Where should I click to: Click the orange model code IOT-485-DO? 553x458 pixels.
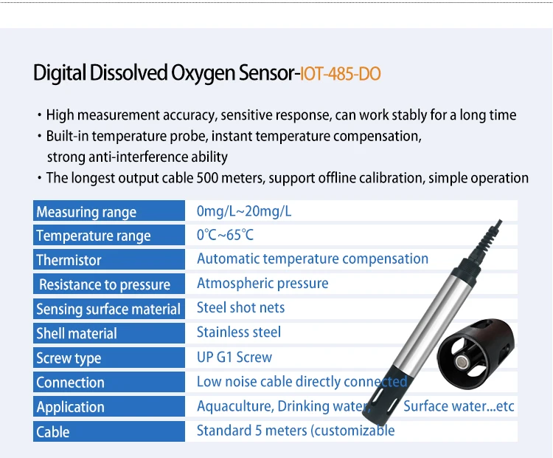click(340, 74)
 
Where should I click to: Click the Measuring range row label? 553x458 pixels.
click(86, 212)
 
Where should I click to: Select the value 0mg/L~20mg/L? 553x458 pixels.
click(244, 211)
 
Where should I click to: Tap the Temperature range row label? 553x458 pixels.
click(93, 236)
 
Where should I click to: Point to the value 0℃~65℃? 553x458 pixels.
click(225, 236)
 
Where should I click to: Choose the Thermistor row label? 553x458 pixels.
click(69, 260)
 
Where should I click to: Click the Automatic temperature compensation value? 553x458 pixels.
click(312, 259)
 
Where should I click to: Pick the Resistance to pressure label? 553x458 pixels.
click(104, 284)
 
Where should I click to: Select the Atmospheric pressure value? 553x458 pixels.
click(262, 284)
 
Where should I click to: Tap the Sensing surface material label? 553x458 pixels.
click(108, 309)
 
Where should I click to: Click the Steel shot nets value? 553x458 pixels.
click(240, 308)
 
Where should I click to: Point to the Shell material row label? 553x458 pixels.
click(77, 333)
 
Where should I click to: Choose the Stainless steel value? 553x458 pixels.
click(239, 332)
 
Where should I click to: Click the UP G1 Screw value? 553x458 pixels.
click(234, 358)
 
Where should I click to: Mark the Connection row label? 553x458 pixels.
click(70, 382)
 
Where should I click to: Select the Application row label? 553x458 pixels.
click(70, 407)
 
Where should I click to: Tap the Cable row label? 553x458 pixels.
click(52, 431)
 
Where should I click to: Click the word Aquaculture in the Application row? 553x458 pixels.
click(233, 406)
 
